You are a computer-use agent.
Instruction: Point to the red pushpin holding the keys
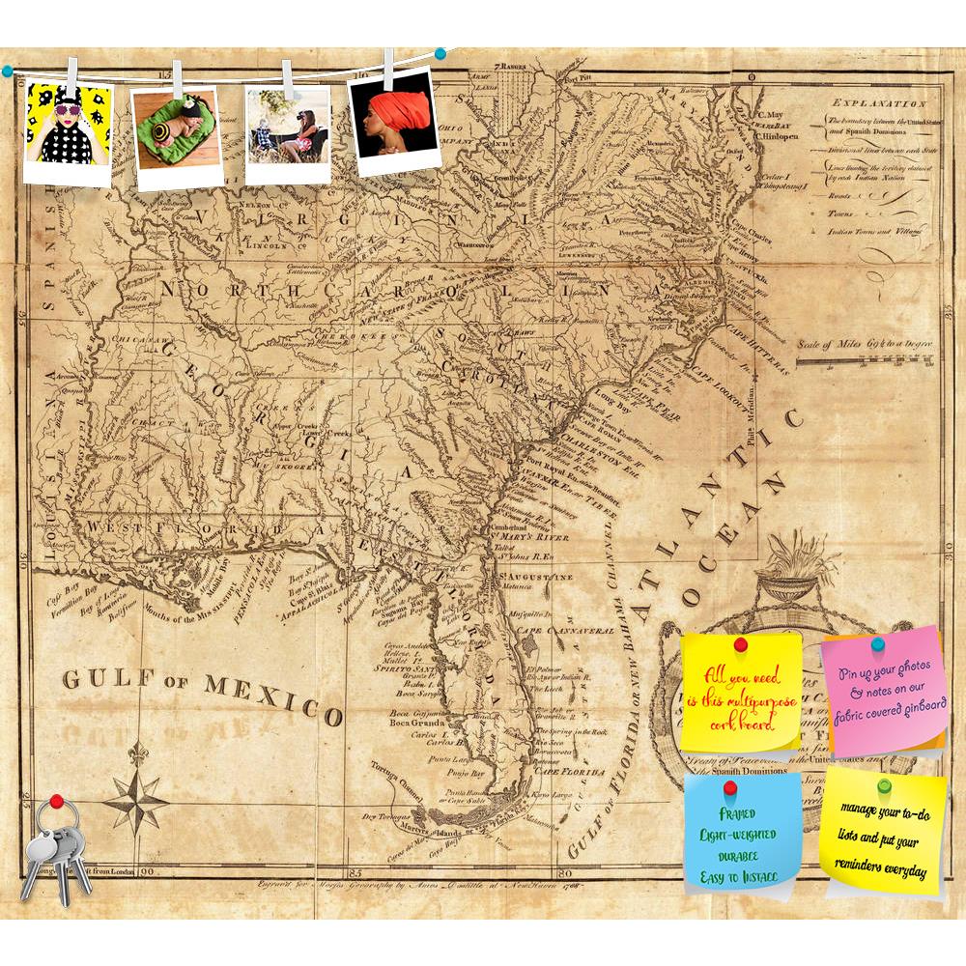coord(57,802)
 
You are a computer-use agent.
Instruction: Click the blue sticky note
coord(742,833)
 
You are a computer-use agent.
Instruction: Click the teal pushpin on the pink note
coord(878,643)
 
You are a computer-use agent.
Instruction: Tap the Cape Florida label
coord(570,772)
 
